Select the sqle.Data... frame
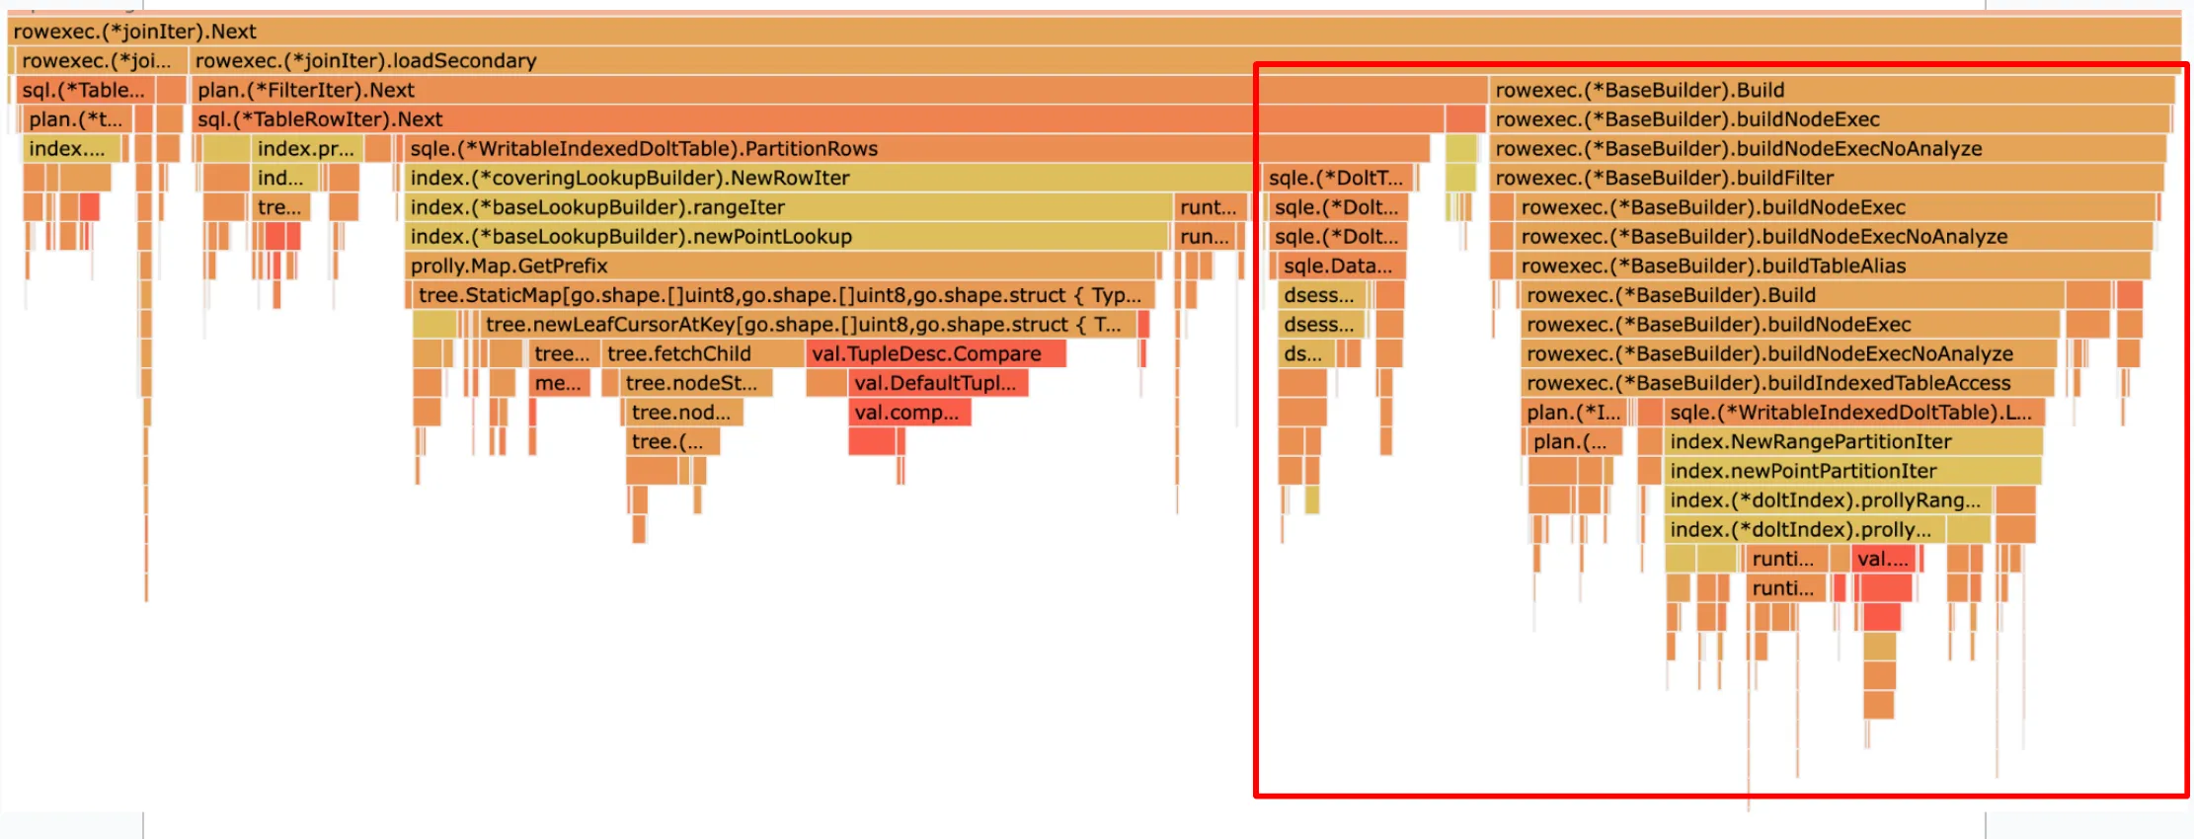[x=1337, y=267]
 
